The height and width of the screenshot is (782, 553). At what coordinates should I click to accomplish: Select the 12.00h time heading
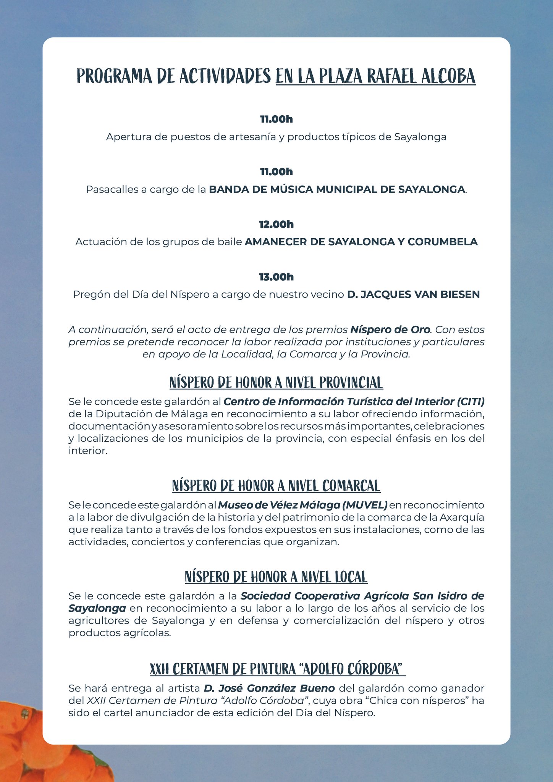pos(276,224)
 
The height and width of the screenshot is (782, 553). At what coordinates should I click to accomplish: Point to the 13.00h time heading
pos(276,277)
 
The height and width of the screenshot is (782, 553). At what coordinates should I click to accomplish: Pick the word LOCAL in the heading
pos(351,577)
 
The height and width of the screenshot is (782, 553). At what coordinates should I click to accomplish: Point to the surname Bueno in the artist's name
pos(317,688)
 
